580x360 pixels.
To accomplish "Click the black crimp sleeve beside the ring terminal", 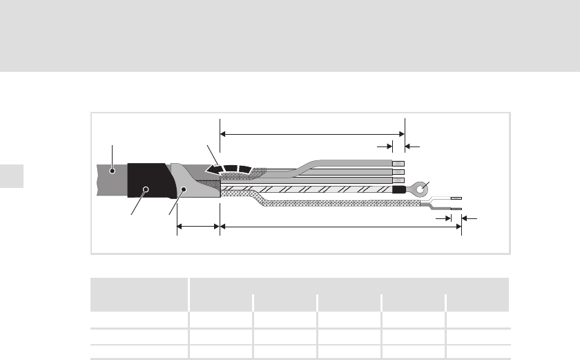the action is tap(398, 188).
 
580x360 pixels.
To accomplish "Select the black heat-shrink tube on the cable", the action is tap(146, 182).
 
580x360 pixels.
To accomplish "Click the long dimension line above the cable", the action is tap(311, 133).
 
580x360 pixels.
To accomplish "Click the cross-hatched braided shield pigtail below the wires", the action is tap(345, 203).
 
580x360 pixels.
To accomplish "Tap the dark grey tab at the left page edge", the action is tap(12, 176).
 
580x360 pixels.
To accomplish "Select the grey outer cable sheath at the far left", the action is tap(107, 178).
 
